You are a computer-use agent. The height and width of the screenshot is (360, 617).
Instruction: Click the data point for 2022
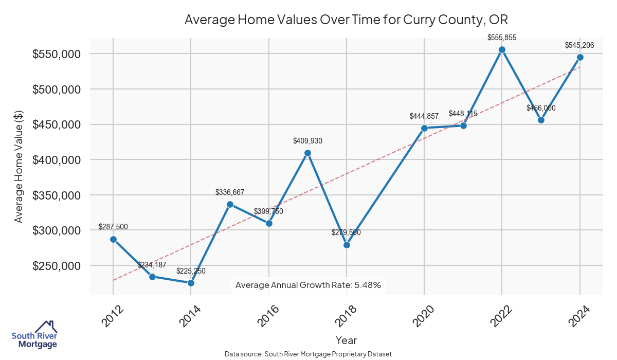coord(502,49)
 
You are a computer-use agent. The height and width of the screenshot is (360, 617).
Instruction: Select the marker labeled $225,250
coord(191,283)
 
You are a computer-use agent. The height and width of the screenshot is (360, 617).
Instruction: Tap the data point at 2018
coord(347,245)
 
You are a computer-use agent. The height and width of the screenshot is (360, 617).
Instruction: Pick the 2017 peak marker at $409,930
coord(307,153)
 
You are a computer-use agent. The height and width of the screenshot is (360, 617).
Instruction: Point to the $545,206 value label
coord(579,45)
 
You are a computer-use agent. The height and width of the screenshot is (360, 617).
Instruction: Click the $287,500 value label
coord(113,227)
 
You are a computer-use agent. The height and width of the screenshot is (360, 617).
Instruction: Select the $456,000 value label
coord(541,108)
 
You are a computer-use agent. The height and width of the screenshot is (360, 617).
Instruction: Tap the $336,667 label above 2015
coord(230,192)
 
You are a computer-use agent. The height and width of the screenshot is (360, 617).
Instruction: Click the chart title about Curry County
coord(346,20)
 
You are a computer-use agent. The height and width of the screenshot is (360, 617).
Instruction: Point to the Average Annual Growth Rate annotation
coord(308,285)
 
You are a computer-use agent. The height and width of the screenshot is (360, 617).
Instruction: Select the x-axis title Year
coord(346,340)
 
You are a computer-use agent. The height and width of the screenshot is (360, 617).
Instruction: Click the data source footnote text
coord(308,354)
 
